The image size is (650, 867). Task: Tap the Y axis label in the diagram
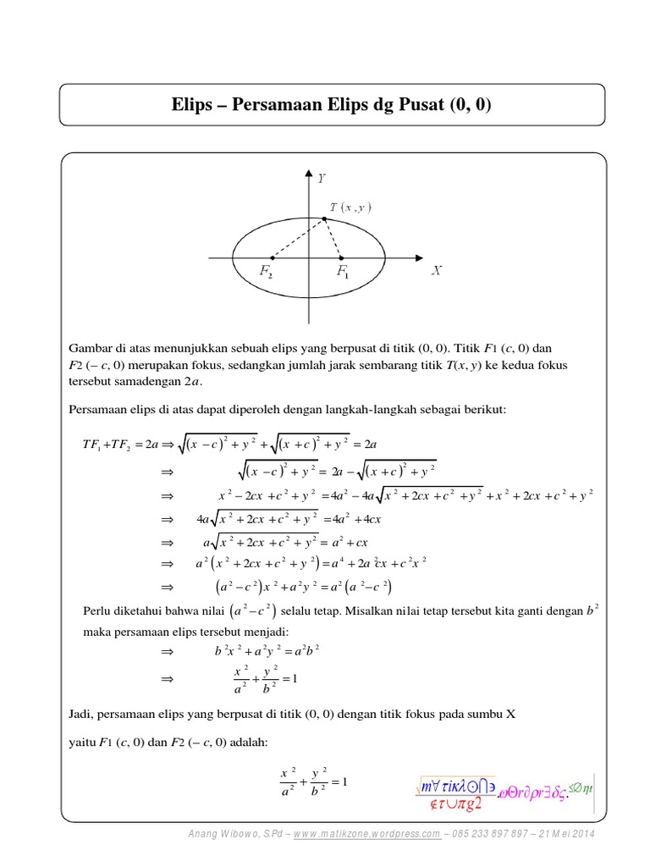(x=322, y=179)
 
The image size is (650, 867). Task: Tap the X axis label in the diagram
(x=437, y=271)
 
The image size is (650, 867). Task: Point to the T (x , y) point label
(x=350, y=207)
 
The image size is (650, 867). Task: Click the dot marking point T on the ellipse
(x=324, y=218)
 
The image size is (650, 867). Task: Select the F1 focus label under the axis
(x=343, y=272)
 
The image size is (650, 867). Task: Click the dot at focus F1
(x=341, y=257)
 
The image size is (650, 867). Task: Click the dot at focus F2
(x=271, y=257)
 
